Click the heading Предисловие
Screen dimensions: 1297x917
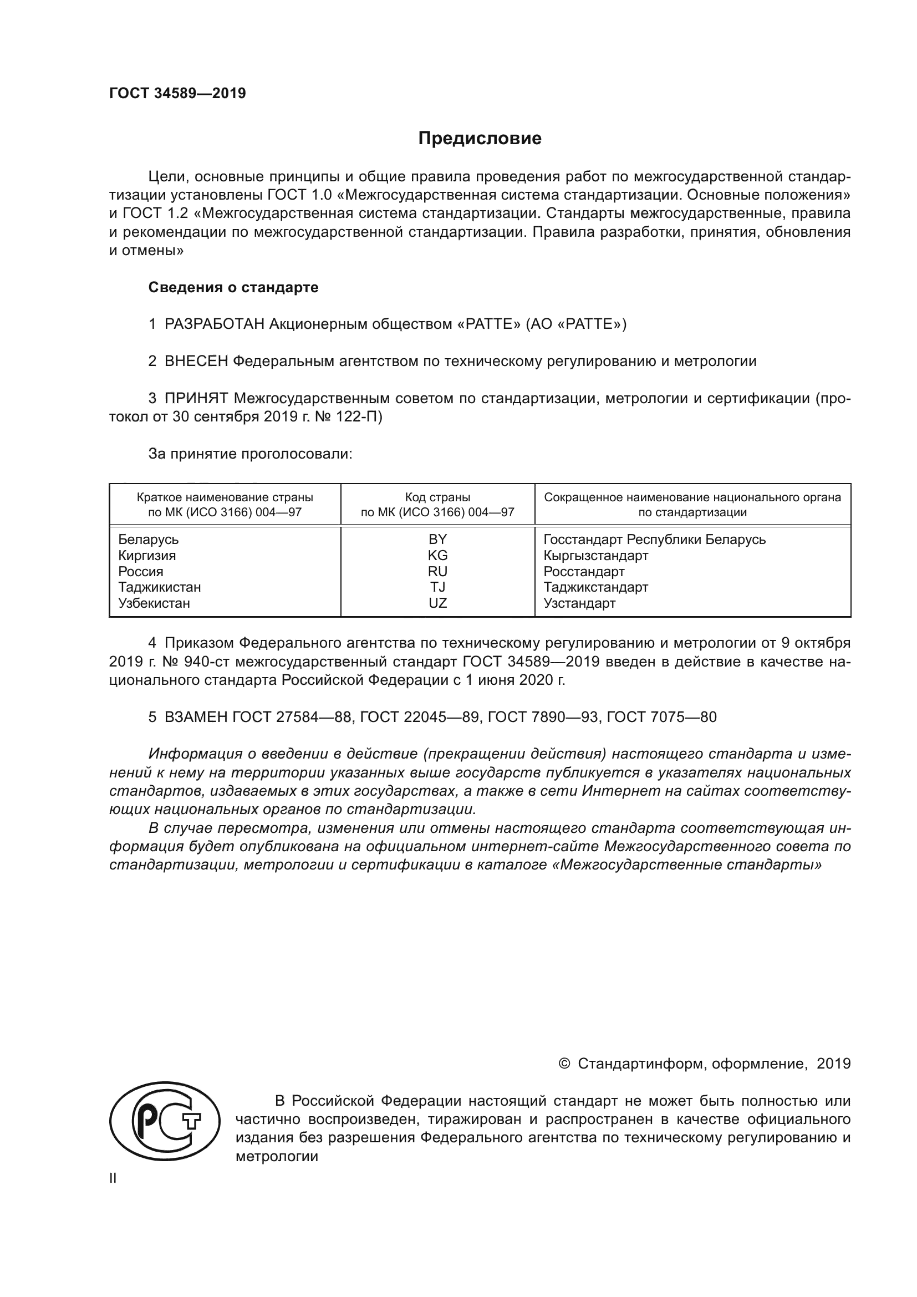coord(480,139)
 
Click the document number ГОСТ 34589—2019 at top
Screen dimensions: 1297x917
coord(177,93)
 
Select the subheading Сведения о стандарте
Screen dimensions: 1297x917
coord(233,287)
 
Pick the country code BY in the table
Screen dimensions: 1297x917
coord(437,540)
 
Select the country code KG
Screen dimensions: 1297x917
coord(437,555)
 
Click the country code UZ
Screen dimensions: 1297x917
coord(437,603)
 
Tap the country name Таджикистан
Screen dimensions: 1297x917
coord(159,587)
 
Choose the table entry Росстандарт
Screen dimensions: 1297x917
coord(584,571)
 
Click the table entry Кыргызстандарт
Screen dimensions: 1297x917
coord(595,555)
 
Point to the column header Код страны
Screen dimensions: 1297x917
coord(437,497)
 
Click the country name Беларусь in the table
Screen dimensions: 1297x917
coord(148,540)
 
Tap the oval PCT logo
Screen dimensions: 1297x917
coord(164,1121)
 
